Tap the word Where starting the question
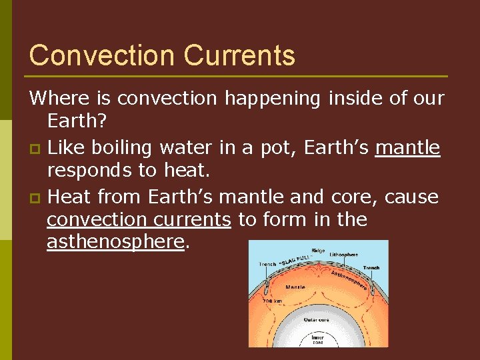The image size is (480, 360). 61,98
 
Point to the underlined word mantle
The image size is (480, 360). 408,147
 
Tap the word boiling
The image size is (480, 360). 126,147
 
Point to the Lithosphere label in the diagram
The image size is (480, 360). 344,255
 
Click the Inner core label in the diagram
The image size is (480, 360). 318,340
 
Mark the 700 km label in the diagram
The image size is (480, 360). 272,301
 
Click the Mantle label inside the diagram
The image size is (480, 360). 295,287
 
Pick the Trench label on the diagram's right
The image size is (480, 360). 371,267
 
